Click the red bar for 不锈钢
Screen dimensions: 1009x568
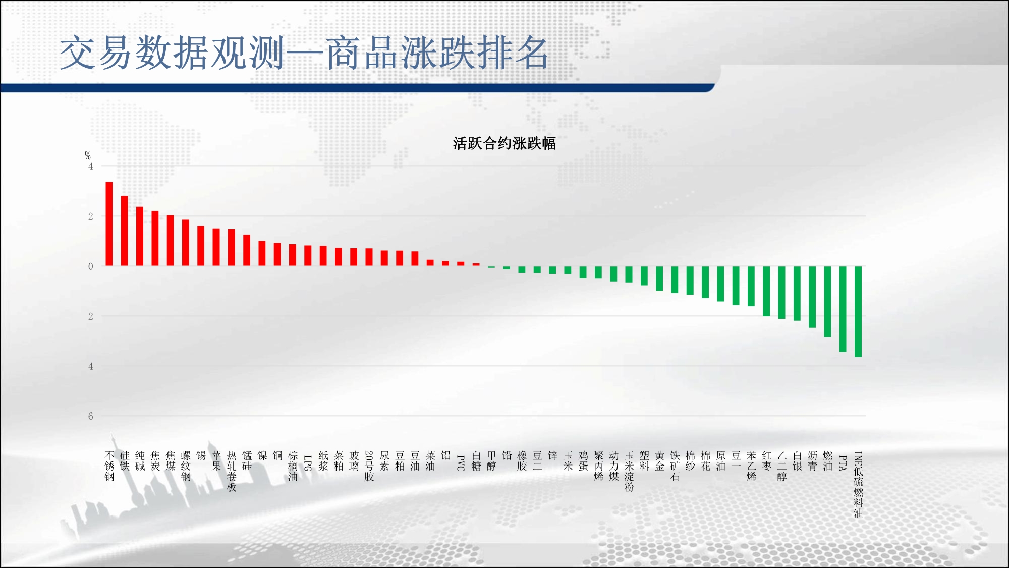pos(109,224)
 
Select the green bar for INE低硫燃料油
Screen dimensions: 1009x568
pos(858,312)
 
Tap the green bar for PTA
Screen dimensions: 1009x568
pos(843,309)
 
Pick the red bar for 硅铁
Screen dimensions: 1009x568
pos(124,231)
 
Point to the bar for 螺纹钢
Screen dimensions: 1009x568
pos(186,242)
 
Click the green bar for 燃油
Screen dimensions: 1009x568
pos(828,301)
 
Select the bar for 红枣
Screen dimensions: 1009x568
pos(766,291)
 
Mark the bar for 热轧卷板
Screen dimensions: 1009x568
pos(232,247)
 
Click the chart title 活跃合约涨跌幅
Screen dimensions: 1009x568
pos(504,143)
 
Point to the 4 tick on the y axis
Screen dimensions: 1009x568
pos(91,166)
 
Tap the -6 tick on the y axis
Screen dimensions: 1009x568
pos(88,416)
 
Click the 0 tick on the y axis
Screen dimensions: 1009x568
pos(91,266)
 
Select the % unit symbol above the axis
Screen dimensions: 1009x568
pos(88,156)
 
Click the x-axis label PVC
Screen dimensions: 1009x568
pos(461,463)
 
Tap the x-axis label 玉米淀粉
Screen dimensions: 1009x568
pos(629,472)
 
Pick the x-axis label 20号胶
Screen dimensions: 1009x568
pos(369,466)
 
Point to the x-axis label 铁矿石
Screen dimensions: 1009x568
pos(675,466)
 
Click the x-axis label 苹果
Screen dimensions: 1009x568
pos(216,461)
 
